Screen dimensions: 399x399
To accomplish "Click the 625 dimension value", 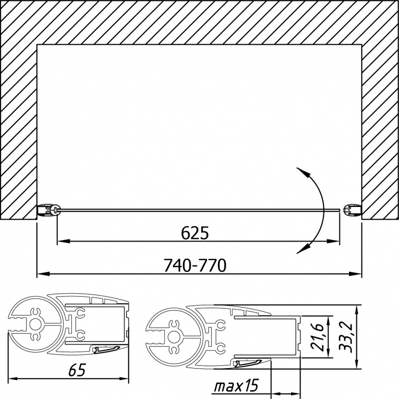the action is (195, 232).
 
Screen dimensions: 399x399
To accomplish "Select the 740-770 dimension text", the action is (195, 265).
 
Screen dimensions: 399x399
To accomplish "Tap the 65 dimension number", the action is (77, 370).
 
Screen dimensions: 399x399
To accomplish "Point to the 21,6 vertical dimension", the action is (317, 337).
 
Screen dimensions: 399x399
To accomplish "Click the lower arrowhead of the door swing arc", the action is (306, 247).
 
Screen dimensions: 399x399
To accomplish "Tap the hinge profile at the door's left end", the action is (48, 211).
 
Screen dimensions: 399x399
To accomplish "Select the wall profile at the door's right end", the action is (352, 211).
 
